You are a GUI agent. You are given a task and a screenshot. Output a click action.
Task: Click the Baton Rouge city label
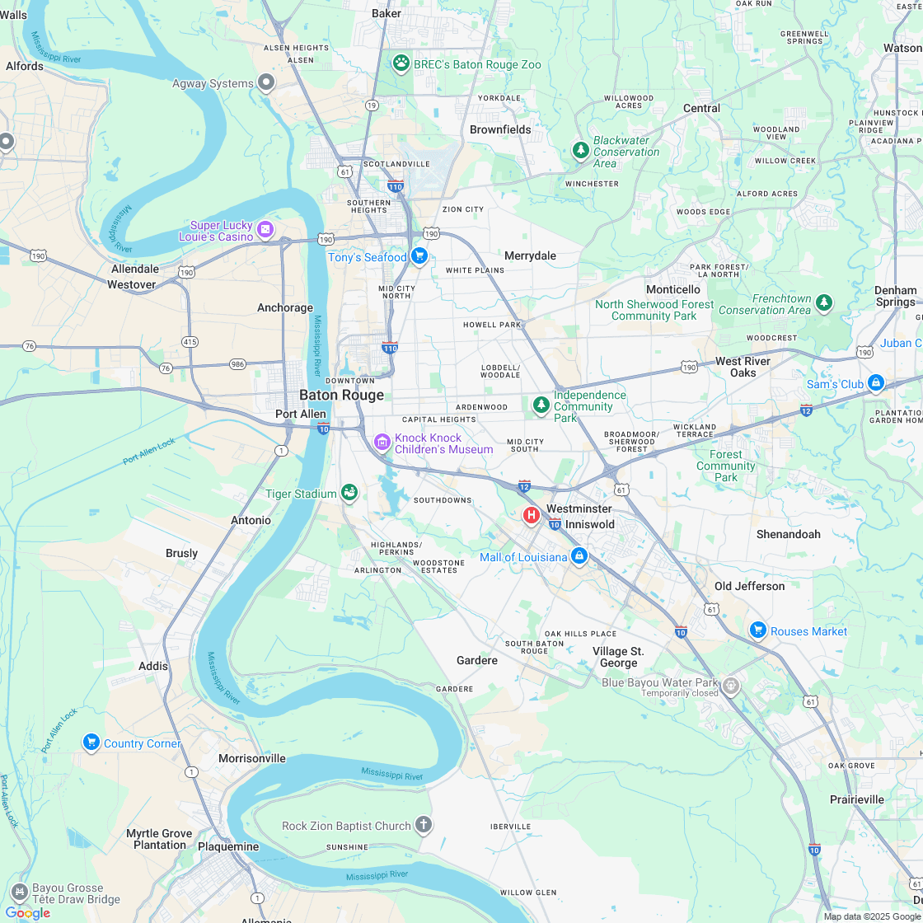pos(341,396)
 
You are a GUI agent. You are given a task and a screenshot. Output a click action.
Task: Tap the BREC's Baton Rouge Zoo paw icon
pos(401,63)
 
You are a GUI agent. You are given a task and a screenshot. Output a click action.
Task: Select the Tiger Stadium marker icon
pos(349,493)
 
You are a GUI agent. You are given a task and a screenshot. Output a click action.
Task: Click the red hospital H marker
pos(532,515)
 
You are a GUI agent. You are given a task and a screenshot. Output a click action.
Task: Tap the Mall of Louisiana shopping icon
pos(579,556)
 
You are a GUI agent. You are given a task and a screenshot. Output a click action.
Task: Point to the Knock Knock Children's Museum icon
pos(382,443)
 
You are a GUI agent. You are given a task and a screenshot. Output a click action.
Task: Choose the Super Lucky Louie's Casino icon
pos(265,229)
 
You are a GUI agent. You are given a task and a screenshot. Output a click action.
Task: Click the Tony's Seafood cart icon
pos(419,256)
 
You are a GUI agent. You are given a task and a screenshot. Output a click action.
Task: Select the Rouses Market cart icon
pos(758,630)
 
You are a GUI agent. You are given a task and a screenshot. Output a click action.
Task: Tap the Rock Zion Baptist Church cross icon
pos(423,825)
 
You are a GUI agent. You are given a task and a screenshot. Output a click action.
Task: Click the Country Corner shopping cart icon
pos(91,743)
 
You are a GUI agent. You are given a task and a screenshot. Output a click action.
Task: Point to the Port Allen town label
pos(301,414)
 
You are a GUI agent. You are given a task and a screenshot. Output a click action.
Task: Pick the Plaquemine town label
pos(228,846)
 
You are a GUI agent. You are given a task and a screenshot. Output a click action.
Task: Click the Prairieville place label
pos(857,799)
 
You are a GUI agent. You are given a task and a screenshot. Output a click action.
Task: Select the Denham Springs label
pos(896,296)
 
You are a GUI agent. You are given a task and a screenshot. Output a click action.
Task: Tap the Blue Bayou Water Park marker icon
pos(730,685)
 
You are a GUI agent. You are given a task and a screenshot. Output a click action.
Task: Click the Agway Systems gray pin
pos(266,82)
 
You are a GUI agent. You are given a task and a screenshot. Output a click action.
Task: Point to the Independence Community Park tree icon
pos(541,405)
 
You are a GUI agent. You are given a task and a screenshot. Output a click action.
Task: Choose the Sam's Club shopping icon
pos(876,383)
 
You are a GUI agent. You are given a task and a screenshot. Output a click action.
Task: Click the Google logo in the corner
pos(27,912)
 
